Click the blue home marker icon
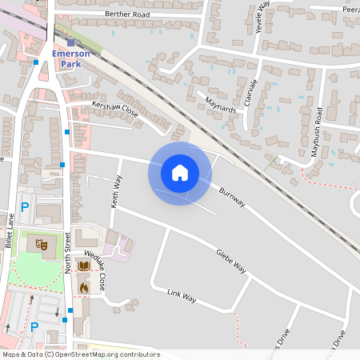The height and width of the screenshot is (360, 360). (x=179, y=173)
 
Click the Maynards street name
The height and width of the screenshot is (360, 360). (x=222, y=104)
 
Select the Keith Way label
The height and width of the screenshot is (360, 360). (x=118, y=192)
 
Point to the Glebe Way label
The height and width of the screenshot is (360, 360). (x=230, y=262)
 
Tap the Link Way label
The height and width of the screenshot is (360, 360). (x=182, y=297)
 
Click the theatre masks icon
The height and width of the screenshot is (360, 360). (x=42, y=242)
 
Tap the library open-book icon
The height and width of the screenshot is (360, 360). (x=84, y=266)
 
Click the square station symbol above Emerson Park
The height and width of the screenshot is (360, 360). (x=70, y=42)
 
